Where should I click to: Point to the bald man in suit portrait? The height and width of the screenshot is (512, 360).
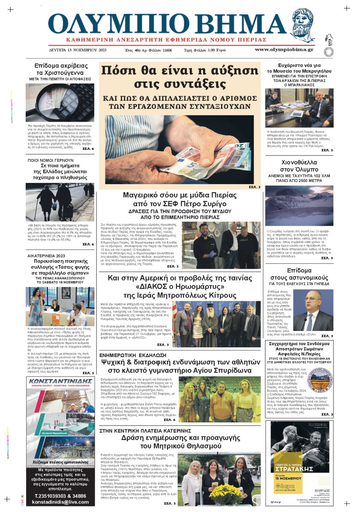314,310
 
